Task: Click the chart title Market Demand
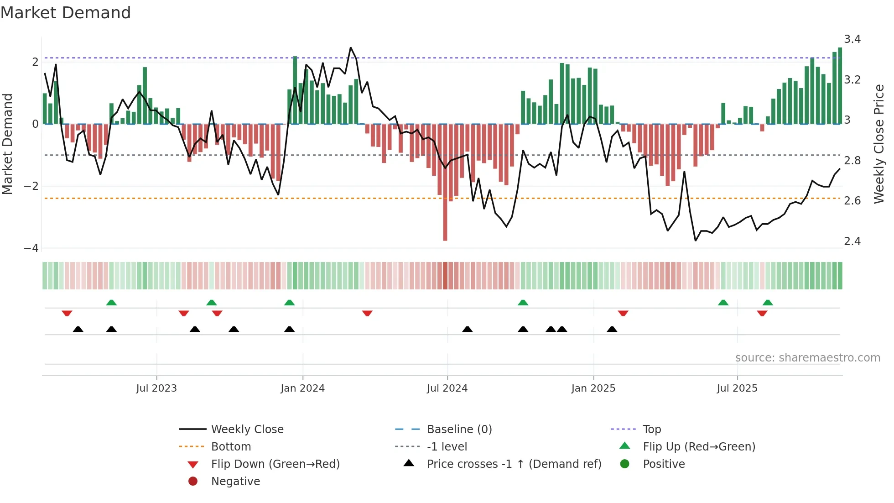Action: pyautogui.click(x=66, y=13)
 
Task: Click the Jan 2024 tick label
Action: pyautogui.click(x=302, y=388)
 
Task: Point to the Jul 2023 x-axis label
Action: pyautogui.click(x=156, y=388)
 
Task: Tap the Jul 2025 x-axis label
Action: pyautogui.click(x=737, y=388)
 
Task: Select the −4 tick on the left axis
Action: pyautogui.click(x=31, y=248)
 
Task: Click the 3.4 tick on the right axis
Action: pyautogui.click(x=852, y=39)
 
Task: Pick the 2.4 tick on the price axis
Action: pyautogui.click(x=852, y=241)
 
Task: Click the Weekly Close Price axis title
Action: pyautogui.click(x=878, y=144)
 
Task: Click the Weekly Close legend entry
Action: pyautogui.click(x=247, y=430)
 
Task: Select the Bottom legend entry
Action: pyautogui.click(x=231, y=447)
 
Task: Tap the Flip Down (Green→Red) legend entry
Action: pyautogui.click(x=275, y=464)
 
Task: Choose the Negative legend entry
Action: pyautogui.click(x=235, y=482)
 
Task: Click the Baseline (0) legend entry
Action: pyautogui.click(x=459, y=430)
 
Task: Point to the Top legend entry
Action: pyautogui.click(x=651, y=430)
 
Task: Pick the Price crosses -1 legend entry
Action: pyautogui.click(x=514, y=464)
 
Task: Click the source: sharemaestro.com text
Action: pyautogui.click(x=807, y=358)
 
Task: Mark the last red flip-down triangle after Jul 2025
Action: pyautogui.click(x=762, y=314)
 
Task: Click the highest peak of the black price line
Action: pyautogui.click(x=350, y=48)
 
